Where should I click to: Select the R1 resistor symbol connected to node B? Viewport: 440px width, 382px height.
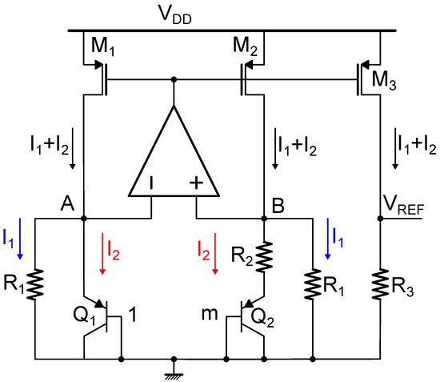pos(310,283)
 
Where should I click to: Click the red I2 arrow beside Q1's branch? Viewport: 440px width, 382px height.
pos(102,256)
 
